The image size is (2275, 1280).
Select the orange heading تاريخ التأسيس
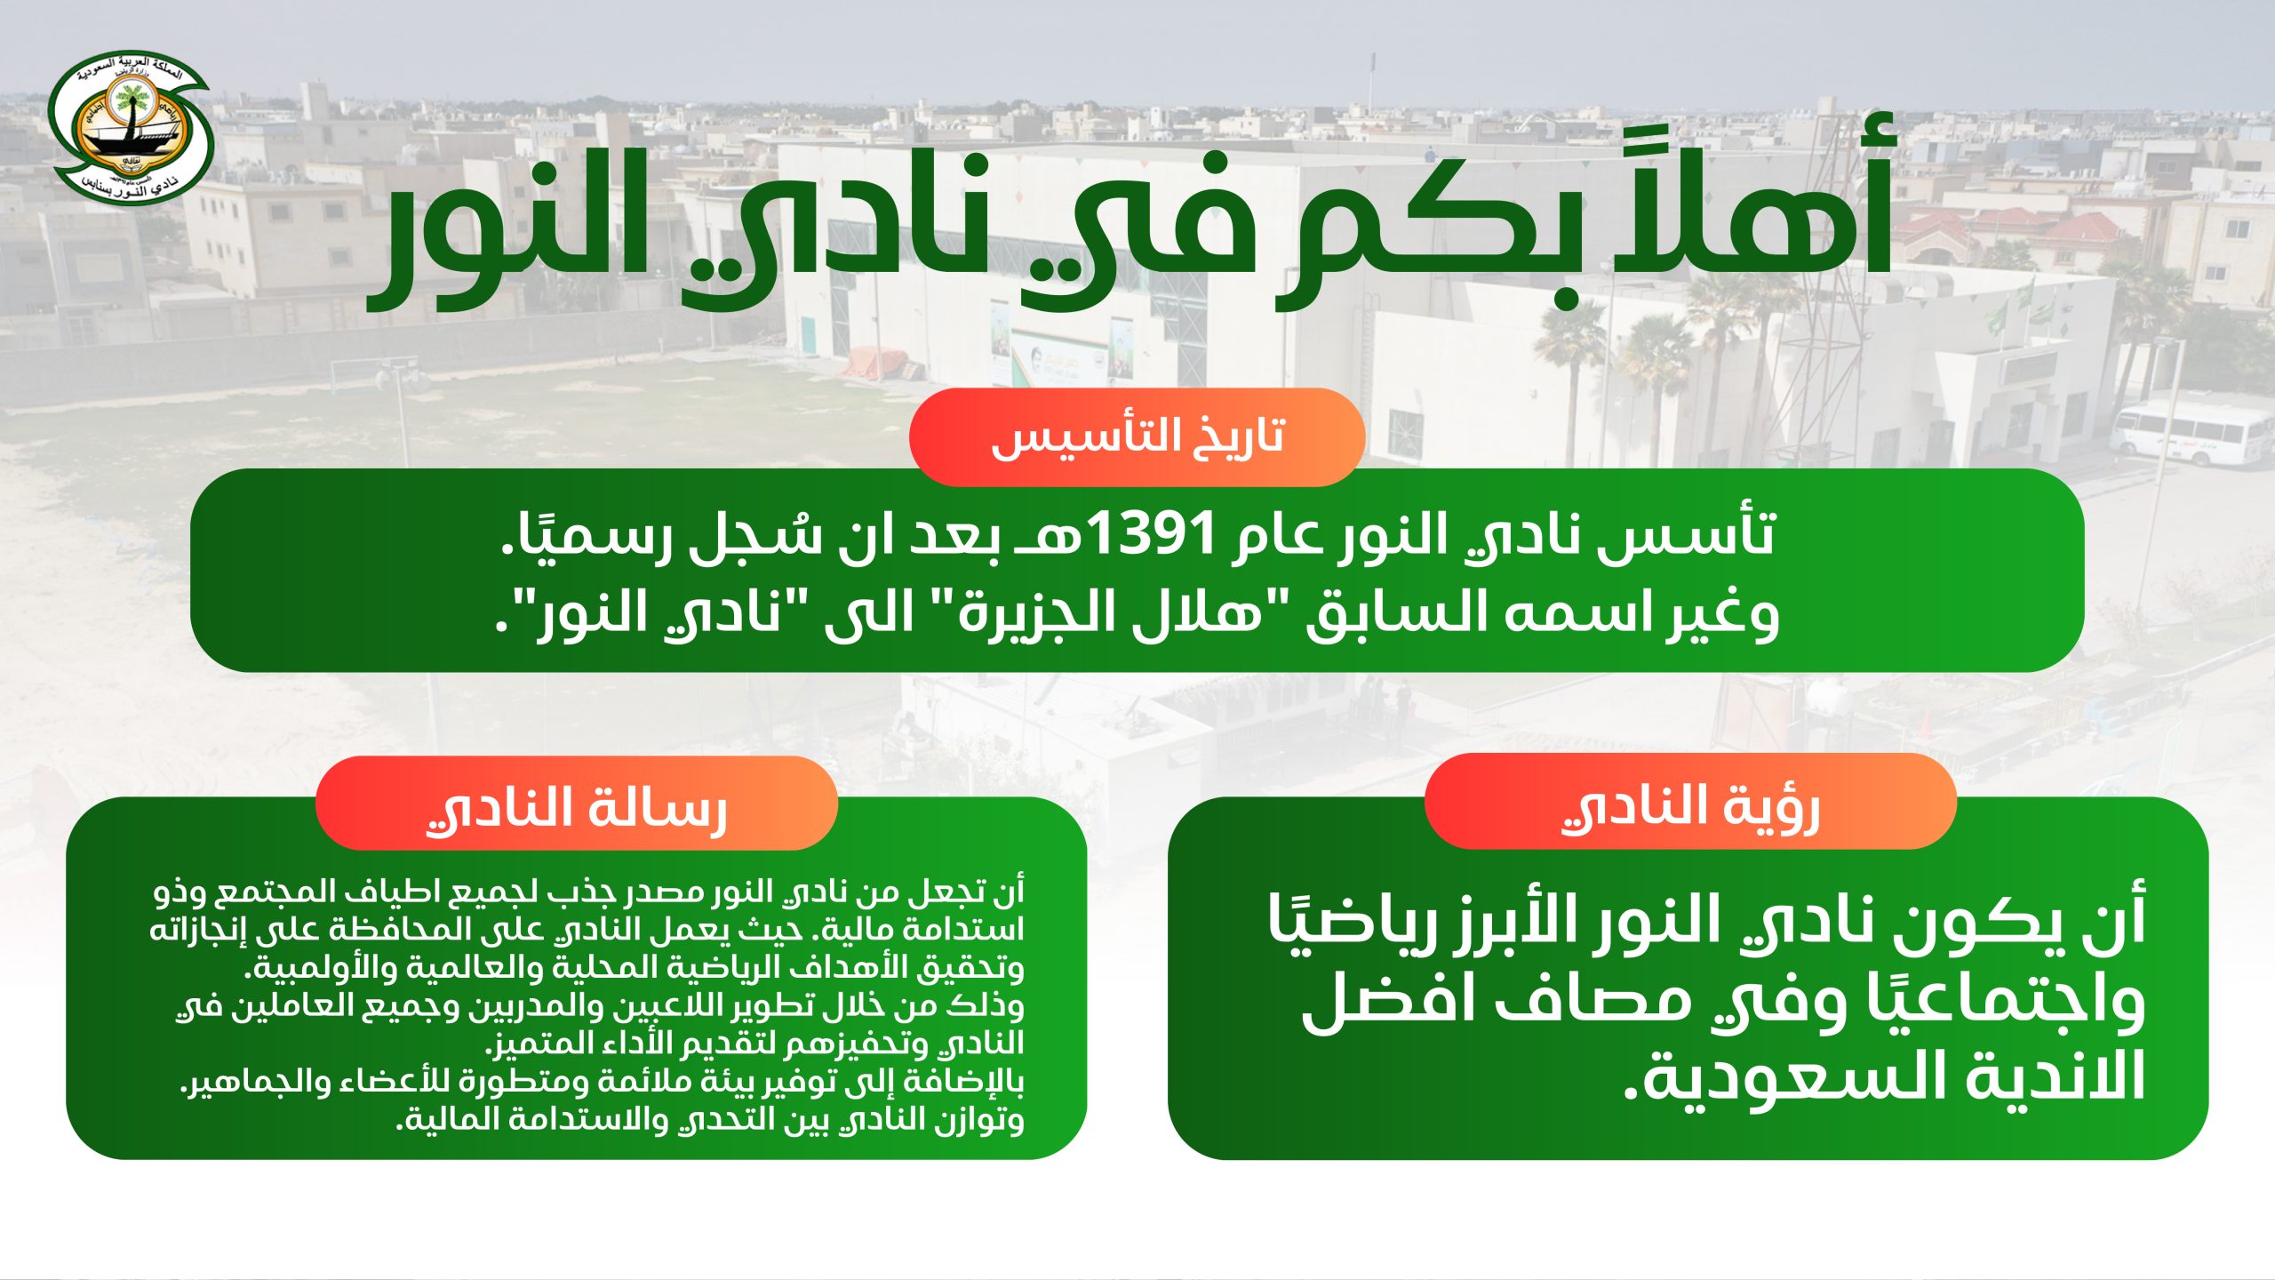tap(1137, 436)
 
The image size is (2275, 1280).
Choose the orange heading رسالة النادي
tap(577, 809)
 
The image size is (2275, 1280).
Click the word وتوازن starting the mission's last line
tap(978, 1119)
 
